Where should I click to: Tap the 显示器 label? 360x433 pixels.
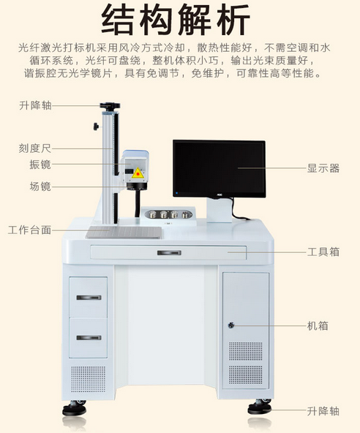coord(323,168)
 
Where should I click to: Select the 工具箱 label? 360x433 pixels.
coord(323,252)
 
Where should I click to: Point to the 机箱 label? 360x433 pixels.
coord(318,325)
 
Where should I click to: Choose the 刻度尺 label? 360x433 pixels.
coord(34,148)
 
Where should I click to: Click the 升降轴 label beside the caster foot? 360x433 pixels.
coord(323,411)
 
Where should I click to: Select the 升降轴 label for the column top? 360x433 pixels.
coord(34,106)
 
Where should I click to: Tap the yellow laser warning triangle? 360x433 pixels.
coord(137,173)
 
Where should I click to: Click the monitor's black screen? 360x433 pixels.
coord(219,167)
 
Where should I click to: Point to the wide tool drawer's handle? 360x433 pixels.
coord(169,253)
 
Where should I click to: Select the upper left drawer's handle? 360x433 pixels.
coord(89,298)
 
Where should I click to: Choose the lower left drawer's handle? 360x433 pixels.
coord(89,337)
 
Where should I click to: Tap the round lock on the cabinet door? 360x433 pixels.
coord(231,325)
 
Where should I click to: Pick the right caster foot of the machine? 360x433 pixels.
coord(259,407)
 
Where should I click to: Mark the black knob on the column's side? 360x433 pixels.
coord(96,127)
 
